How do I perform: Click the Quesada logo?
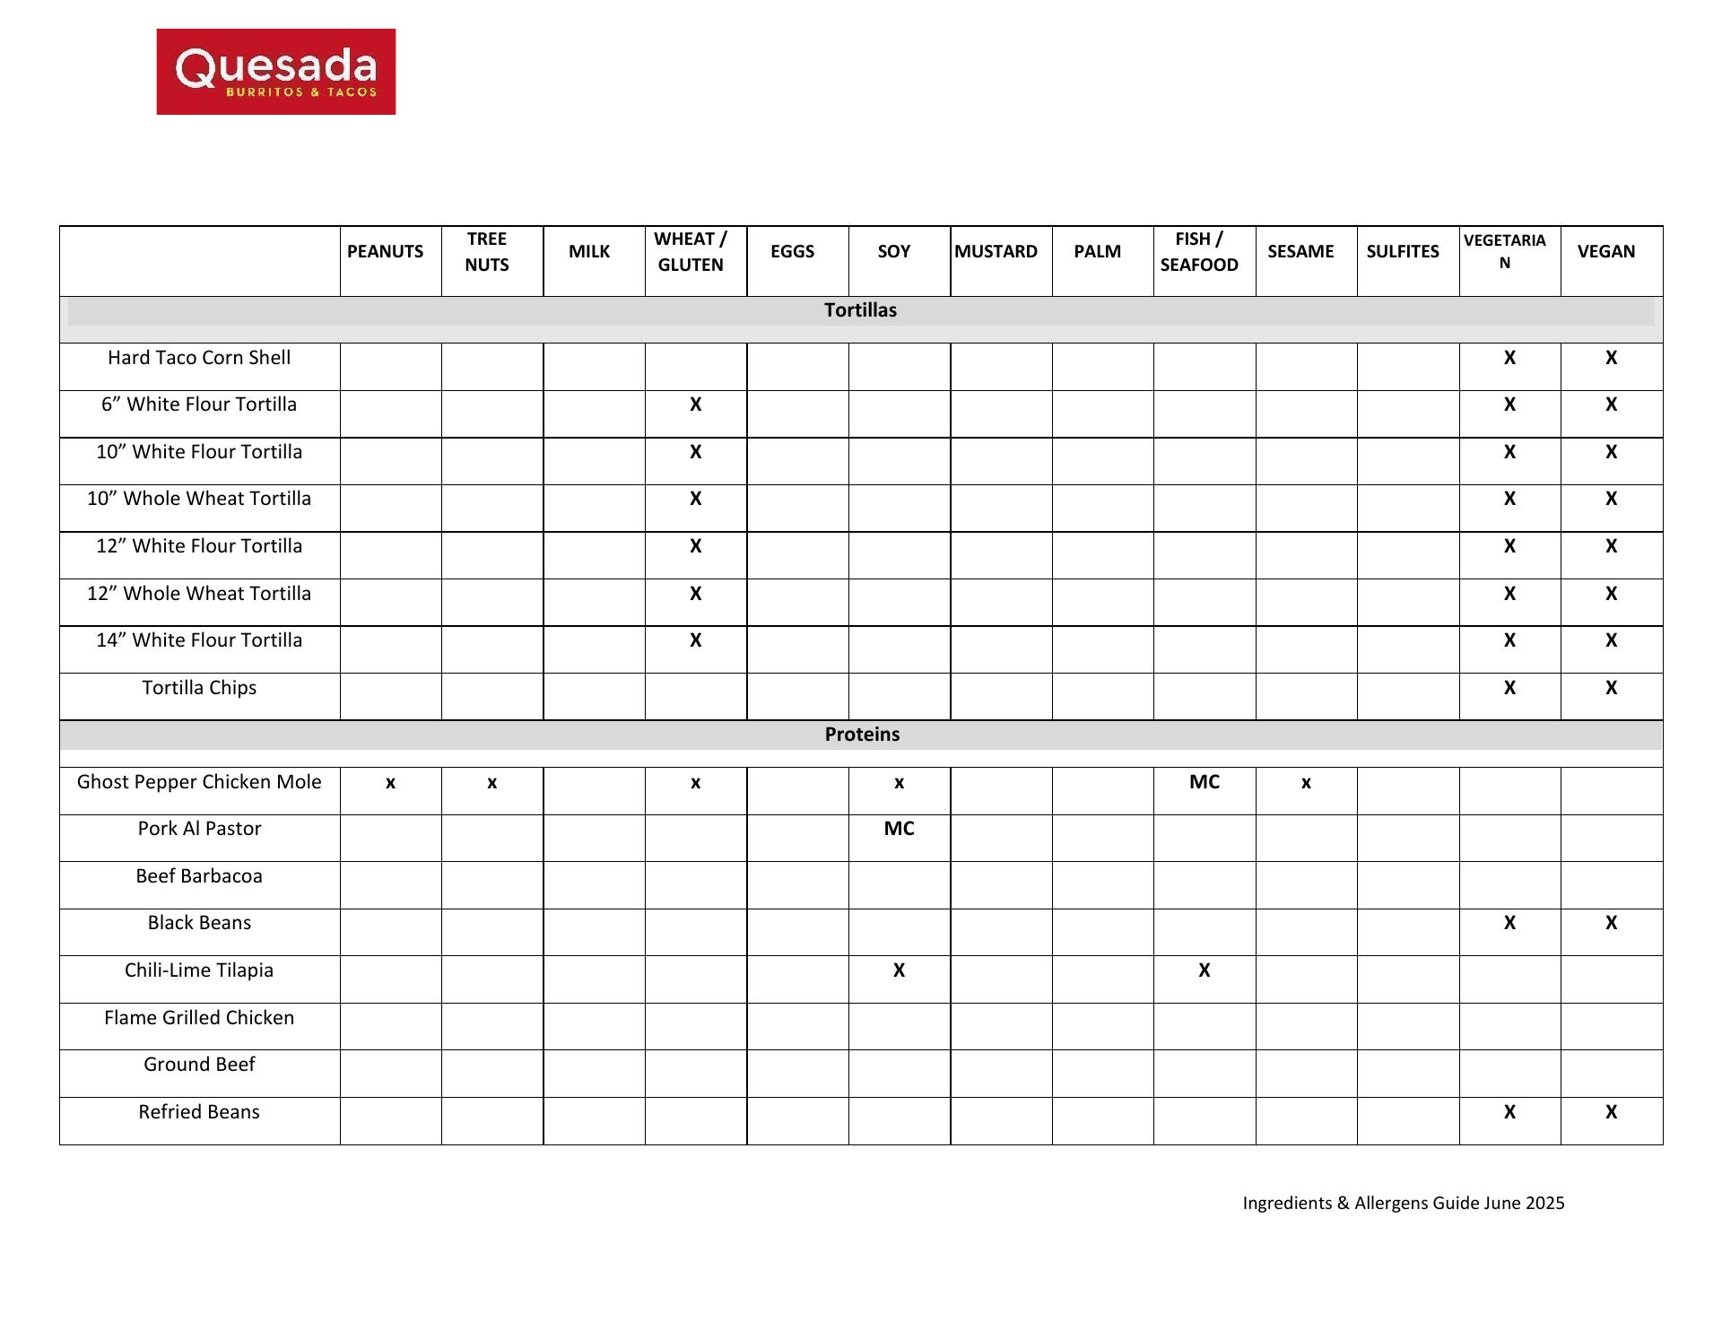(x=276, y=72)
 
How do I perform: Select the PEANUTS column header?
(x=385, y=251)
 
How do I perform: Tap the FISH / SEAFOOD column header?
(x=1199, y=251)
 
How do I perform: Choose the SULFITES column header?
(x=1402, y=251)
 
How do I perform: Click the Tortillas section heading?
(x=860, y=310)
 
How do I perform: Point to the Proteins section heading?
(x=862, y=735)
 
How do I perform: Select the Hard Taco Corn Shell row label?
(x=199, y=358)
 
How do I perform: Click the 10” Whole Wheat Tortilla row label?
(x=199, y=499)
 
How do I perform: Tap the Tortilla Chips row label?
(x=199, y=688)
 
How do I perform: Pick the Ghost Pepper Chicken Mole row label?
(x=199, y=782)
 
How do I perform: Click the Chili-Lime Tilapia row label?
(x=199, y=970)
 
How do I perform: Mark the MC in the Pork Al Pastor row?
(x=899, y=829)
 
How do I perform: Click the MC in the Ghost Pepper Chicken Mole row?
(x=1204, y=782)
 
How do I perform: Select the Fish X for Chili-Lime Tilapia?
(x=1204, y=970)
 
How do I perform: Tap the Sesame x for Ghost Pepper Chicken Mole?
(x=1306, y=783)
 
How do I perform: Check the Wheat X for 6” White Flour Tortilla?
(x=695, y=405)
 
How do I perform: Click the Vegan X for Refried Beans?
(x=1611, y=1112)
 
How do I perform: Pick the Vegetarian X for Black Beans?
(x=1509, y=923)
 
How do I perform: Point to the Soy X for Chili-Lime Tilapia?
(x=899, y=970)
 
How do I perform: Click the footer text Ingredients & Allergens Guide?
(x=1403, y=1204)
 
